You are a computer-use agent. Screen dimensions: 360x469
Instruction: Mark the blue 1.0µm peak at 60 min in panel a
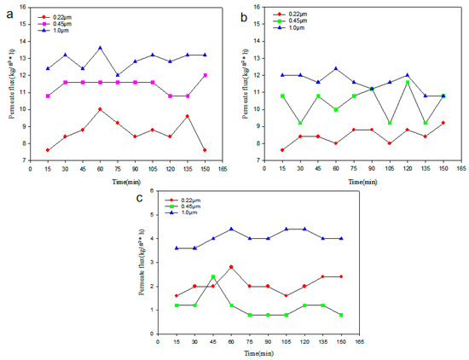click(101, 48)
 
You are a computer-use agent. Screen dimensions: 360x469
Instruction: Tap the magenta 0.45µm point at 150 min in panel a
click(203, 75)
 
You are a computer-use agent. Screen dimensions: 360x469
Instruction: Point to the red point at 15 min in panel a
click(48, 150)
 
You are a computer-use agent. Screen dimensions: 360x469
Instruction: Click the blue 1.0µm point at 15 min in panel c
click(177, 248)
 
